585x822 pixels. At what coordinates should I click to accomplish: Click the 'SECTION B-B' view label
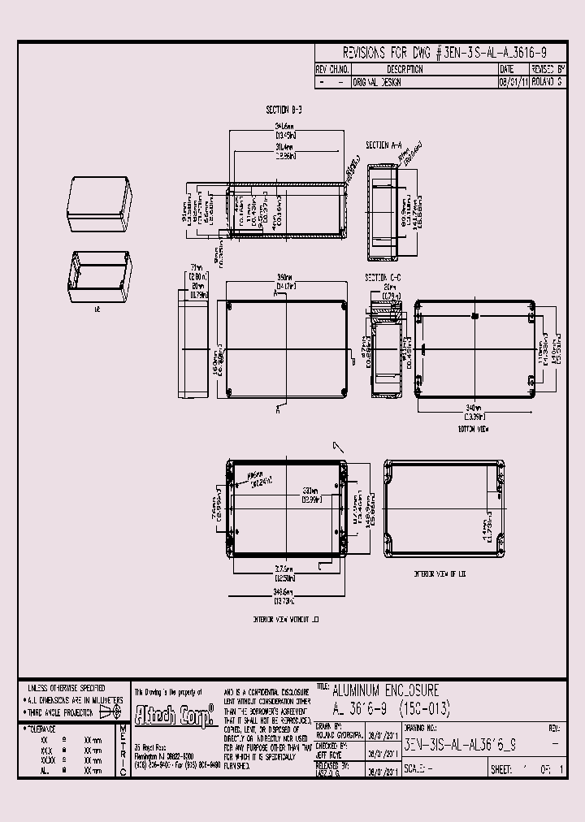click(284, 108)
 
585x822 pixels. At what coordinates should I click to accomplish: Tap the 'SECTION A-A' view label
click(384, 145)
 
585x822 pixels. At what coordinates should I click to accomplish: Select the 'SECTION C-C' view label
click(383, 277)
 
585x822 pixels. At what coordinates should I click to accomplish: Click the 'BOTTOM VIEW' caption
click(472, 427)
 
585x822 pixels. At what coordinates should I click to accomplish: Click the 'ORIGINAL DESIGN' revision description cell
click(377, 82)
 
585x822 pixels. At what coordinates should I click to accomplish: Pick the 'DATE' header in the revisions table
click(507, 70)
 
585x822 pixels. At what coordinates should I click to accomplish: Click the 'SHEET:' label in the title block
click(503, 769)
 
